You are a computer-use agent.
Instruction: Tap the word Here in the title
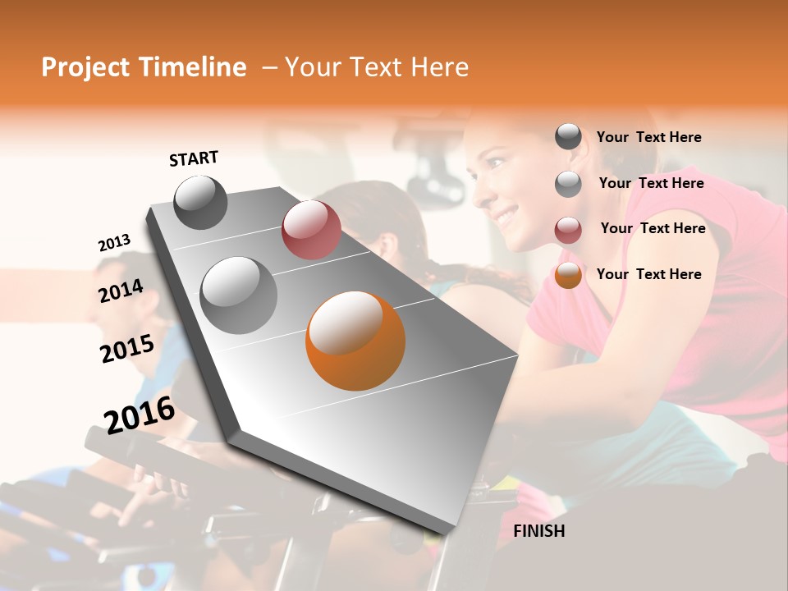(439, 67)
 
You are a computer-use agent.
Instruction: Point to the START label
(194, 158)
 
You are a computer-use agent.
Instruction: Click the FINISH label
(539, 531)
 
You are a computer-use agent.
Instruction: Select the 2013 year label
(114, 243)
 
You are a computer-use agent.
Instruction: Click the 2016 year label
(140, 415)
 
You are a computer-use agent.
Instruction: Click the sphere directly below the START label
(200, 202)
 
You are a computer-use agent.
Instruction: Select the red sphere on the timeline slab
(311, 229)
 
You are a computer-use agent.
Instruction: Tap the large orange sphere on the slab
(355, 341)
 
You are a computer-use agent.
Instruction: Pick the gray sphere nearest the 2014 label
(239, 295)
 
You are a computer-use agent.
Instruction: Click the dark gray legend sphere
(568, 137)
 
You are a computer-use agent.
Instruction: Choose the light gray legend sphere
(568, 184)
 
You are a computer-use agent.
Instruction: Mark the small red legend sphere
(568, 230)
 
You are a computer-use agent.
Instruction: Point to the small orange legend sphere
(568, 275)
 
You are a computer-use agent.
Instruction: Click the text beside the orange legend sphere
(649, 274)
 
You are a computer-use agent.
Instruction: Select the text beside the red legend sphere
(653, 228)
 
